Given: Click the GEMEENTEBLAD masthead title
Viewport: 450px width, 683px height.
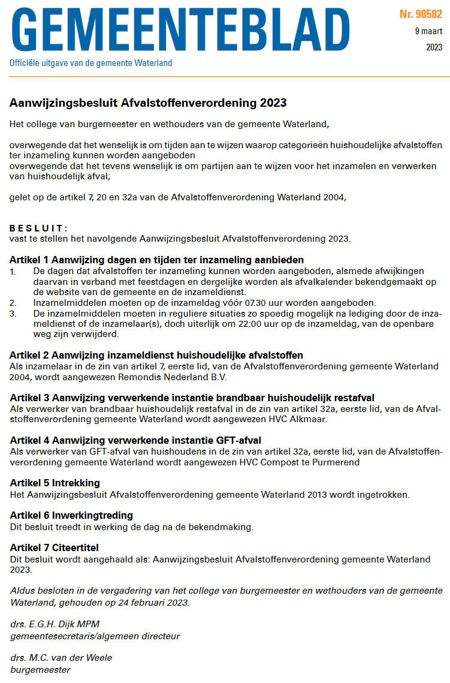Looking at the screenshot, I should coord(180,29).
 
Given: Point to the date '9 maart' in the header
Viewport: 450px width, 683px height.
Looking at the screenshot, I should coord(428,31).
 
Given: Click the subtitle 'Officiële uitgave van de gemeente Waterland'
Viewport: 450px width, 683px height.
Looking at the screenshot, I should coord(90,63).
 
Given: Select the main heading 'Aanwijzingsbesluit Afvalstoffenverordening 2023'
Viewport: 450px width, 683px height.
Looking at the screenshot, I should coord(148,103).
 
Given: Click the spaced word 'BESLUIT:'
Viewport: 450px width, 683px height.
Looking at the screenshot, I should coord(39,228).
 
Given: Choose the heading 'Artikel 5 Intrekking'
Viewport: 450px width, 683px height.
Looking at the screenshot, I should coord(55,483).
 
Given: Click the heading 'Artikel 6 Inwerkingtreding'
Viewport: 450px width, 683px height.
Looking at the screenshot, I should coord(71,516).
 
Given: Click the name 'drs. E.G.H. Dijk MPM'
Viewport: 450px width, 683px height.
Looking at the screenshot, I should coord(55,624).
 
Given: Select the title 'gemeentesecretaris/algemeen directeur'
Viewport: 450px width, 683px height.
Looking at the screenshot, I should coord(95,636).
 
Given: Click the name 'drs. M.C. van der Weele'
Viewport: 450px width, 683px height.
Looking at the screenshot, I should coord(61,658).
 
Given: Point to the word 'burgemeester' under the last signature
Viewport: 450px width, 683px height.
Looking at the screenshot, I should coord(40,669).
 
